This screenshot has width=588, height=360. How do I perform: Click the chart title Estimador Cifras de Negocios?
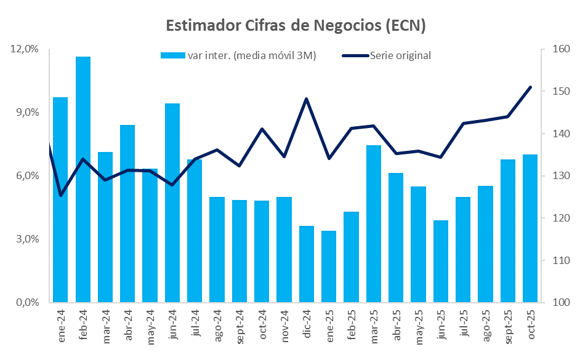296,25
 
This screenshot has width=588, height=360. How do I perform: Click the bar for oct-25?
530,228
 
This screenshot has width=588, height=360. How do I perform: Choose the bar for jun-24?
172,202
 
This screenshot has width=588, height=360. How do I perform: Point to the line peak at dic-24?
307,98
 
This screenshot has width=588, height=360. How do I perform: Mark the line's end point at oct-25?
530,87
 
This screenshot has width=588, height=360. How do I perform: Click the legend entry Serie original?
400,55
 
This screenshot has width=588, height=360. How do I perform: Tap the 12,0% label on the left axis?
25,49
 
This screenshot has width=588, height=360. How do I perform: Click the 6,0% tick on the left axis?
25,176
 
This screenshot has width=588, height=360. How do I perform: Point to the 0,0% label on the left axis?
25,303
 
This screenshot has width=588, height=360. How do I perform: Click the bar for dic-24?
307,264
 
